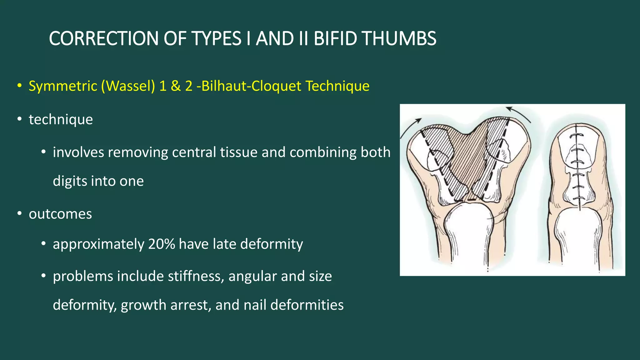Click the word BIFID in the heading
coord(335,39)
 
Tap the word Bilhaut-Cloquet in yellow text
coord(252,86)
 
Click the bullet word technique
coord(61,119)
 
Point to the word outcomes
coord(60,214)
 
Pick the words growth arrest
coord(165,305)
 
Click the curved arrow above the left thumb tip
coord(410,127)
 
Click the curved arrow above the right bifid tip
coord(519,113)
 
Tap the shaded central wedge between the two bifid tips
coord(469,159)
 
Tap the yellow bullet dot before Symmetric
coord(20,86)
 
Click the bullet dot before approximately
coord(44,244)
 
